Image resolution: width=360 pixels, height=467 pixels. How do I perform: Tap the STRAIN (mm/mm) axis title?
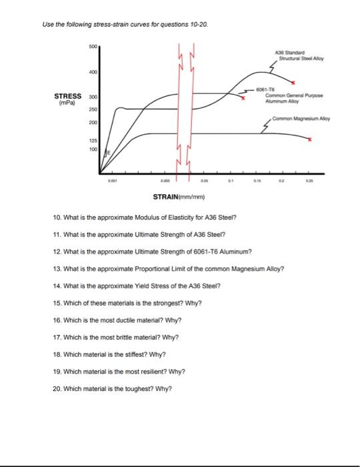(x=181, y=197)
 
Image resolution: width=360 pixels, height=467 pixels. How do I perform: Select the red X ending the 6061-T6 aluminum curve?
(x=243, y=98)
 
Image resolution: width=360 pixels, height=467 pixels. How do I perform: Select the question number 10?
(x=57, y=217)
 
